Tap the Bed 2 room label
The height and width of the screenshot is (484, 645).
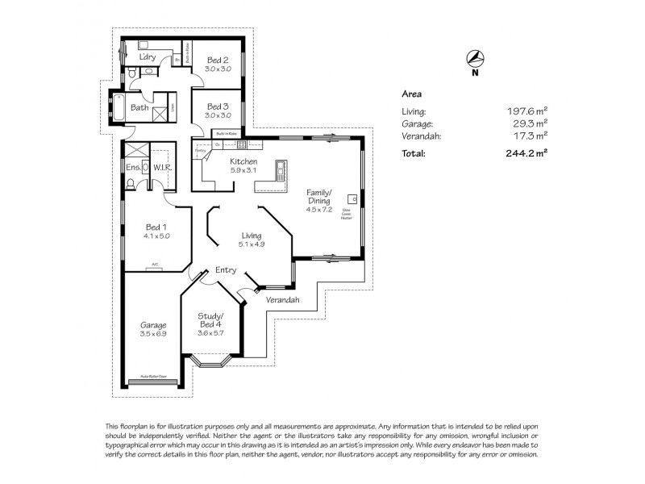218,60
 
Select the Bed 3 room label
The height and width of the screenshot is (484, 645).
218,106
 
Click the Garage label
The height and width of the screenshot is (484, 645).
152,325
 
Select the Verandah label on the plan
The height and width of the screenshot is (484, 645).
282,300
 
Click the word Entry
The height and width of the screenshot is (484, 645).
226,270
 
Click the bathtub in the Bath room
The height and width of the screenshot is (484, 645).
120,107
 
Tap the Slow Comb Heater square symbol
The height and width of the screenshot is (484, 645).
352,198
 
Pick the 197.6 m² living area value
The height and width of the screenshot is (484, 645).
526,112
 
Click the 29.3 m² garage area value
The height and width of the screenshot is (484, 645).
529,124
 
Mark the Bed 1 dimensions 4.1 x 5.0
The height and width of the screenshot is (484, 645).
156,236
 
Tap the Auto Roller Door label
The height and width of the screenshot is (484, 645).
153,376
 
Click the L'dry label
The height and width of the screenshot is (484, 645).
148,57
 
